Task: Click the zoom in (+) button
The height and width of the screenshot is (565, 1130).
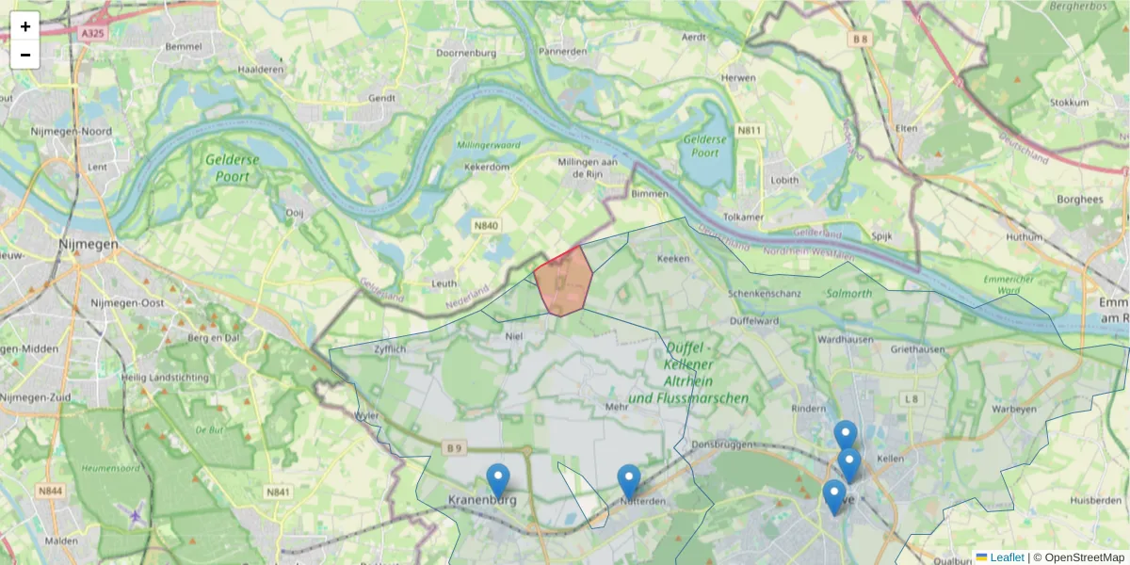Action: (25, 26)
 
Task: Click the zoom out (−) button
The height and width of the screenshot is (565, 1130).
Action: (25, 55)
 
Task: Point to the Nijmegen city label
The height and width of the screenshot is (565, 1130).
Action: (88, 243)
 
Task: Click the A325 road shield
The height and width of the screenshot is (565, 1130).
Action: (92, 33)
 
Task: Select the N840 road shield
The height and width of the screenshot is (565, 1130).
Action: (485, 226)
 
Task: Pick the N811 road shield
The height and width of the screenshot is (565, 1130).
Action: (750, 130)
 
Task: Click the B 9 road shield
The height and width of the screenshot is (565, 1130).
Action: (456, 447)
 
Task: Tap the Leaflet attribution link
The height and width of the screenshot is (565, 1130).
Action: (1007, 557)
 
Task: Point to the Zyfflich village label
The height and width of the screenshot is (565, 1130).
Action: (389, 348)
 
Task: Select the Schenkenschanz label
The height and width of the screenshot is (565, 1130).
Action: (765, 294)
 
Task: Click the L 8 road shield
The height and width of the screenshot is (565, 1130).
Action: (911, 399)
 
